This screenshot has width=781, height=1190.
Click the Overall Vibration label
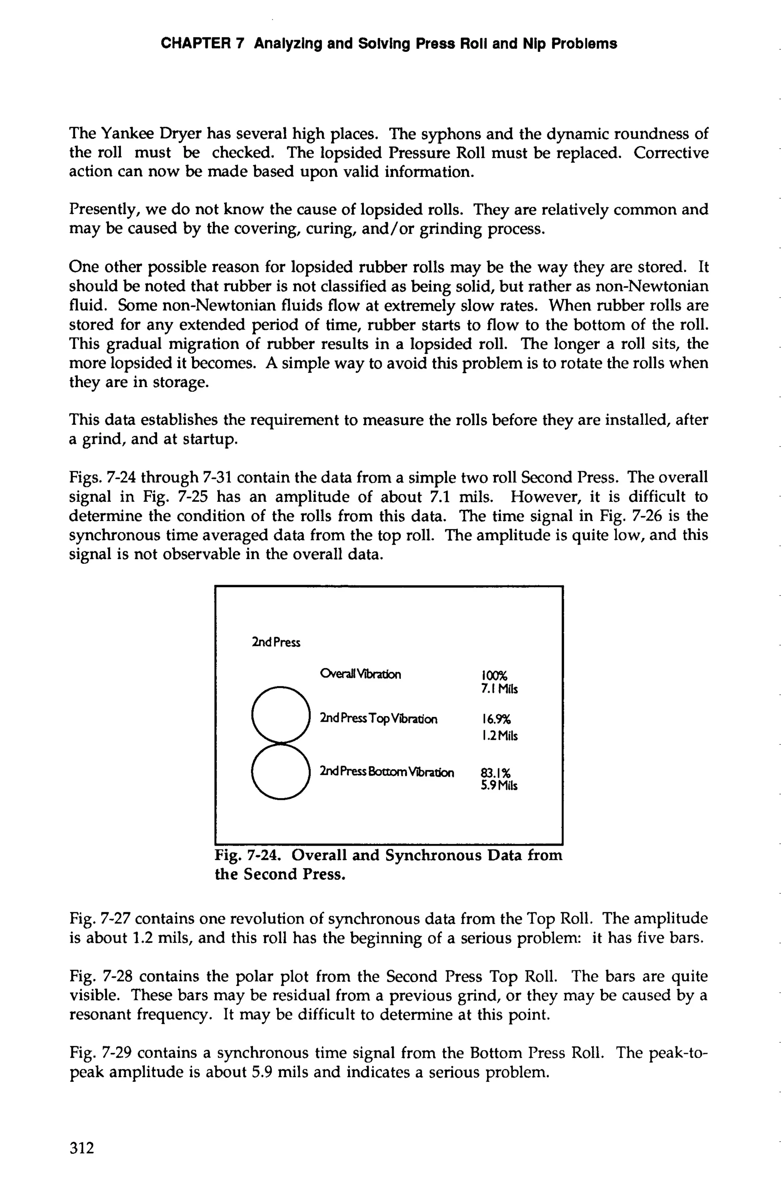(360, 674)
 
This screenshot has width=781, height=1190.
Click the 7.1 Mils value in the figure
(499, 689)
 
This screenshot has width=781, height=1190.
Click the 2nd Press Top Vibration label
(379, 719)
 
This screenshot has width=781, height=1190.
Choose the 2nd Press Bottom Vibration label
(387, 772)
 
